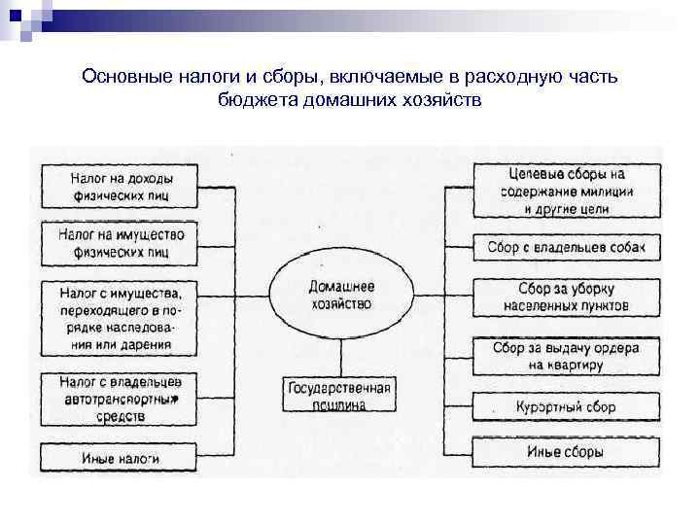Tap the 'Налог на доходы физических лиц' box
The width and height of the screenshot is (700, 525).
pos(121,187)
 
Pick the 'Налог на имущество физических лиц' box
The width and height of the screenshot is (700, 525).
pos(121,243)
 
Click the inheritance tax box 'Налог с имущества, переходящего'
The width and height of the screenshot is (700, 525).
pos(121,317)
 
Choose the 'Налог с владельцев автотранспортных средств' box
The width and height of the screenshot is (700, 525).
pos(121,398)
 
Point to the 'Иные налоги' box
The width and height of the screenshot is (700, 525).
pos(121,454)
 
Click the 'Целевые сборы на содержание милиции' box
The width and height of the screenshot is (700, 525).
pos(566,191)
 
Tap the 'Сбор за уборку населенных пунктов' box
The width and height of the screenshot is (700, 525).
pos(566,297)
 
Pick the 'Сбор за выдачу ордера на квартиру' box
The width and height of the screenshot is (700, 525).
pos(566,356)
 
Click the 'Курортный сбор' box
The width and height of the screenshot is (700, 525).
pos(566,407)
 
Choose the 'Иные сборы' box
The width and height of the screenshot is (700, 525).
pos(566,452)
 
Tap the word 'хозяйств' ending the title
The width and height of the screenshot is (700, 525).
pos(446,100)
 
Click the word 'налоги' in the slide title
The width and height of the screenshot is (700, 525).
pos(203,76)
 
